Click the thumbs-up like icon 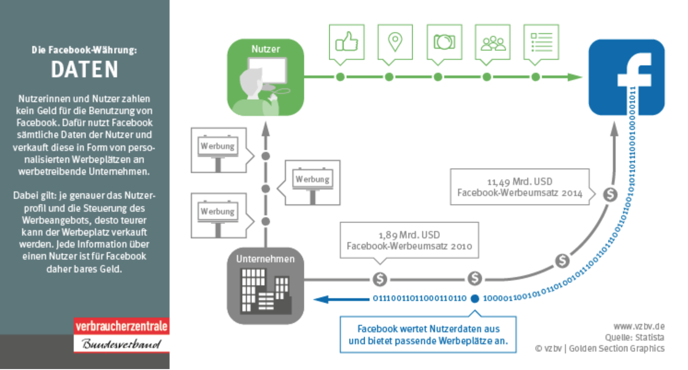347,41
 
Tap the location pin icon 395,42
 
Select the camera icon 444,42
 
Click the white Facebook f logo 635,70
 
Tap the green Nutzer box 265,77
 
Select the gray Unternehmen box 265,286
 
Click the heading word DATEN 84,69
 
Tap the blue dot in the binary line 475,299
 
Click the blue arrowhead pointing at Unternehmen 321,299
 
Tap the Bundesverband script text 122,344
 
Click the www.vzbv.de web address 639,326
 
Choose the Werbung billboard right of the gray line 312,183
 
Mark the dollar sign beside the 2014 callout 610,194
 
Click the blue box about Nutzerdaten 428,335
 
